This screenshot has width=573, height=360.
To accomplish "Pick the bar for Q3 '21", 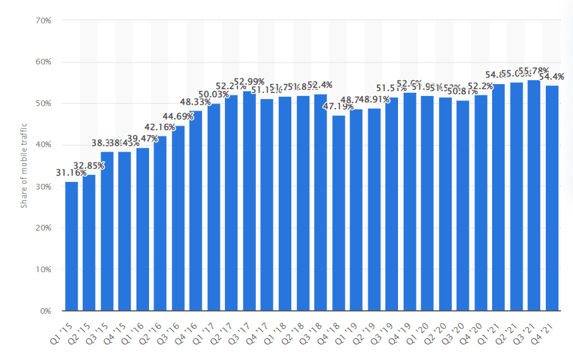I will [534, 195].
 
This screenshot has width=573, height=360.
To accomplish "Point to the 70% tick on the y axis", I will [43, 21].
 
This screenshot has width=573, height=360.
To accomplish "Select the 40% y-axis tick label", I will [43, 145].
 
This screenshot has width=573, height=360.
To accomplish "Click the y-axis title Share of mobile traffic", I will [24, 165].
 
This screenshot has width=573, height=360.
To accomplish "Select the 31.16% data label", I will [71, 173].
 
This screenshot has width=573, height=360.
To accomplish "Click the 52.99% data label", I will [250, 81].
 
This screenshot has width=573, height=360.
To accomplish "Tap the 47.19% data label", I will [337, 107].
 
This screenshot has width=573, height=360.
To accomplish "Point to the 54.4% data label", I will [553, 76].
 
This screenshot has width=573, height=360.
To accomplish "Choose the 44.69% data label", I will [178, 116].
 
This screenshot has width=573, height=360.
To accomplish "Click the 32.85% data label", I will [90, 165].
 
